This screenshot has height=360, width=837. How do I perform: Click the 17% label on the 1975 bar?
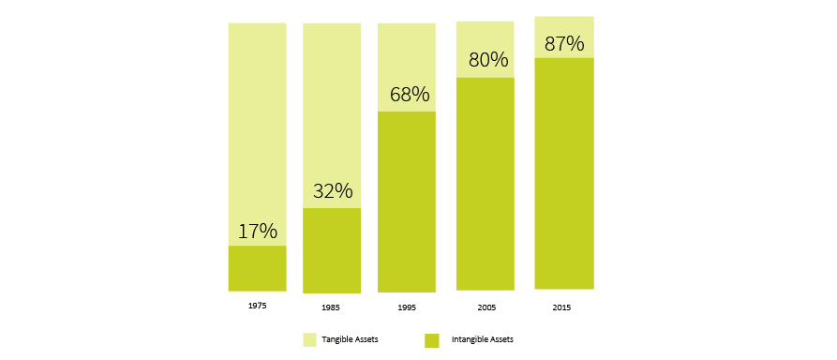coord(257,231)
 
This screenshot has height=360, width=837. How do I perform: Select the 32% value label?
coord(332,191)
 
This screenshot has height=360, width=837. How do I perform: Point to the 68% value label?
coord(407,95)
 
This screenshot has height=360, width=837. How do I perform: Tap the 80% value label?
coord(486,61)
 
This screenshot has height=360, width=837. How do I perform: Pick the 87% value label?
coord(564,43)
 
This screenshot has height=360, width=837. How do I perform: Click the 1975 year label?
coord(257,306)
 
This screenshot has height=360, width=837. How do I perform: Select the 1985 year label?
coord(332,307)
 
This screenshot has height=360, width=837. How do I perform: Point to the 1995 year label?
coord(407,307)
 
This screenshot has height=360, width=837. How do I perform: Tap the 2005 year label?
coord(486,307)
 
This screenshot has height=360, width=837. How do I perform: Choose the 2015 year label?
coord(562,307)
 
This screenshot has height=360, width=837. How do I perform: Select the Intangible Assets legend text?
coord(482,338)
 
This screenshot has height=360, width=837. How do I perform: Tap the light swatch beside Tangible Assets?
coord(309,339)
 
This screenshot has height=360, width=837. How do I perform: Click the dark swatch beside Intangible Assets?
coord(431,339)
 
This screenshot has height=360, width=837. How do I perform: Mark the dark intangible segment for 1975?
coord(257,269)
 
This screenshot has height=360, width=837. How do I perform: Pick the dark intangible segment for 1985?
coord(332,251)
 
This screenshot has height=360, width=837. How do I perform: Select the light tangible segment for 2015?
coord(564,24)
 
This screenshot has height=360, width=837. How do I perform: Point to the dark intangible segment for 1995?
coord(407,202)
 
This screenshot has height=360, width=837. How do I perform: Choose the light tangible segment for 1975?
coord(257,122)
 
